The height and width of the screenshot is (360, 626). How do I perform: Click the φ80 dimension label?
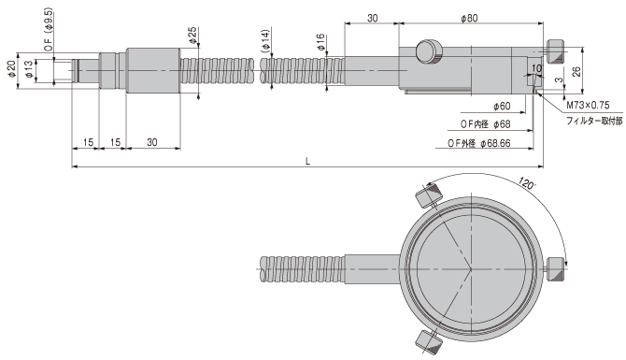469,18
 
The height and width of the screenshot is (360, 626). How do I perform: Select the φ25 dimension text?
192,36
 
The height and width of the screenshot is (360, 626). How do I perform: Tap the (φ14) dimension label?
265,41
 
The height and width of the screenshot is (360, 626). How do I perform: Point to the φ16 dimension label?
320,42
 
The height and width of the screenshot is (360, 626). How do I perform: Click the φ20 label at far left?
11,68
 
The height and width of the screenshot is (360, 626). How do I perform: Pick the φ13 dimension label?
28,68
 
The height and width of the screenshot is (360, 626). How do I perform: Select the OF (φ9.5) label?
48,29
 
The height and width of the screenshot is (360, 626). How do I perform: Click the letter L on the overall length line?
307,161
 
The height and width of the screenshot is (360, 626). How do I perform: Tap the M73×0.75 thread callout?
588,105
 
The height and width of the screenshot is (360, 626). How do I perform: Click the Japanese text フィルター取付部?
594,121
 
